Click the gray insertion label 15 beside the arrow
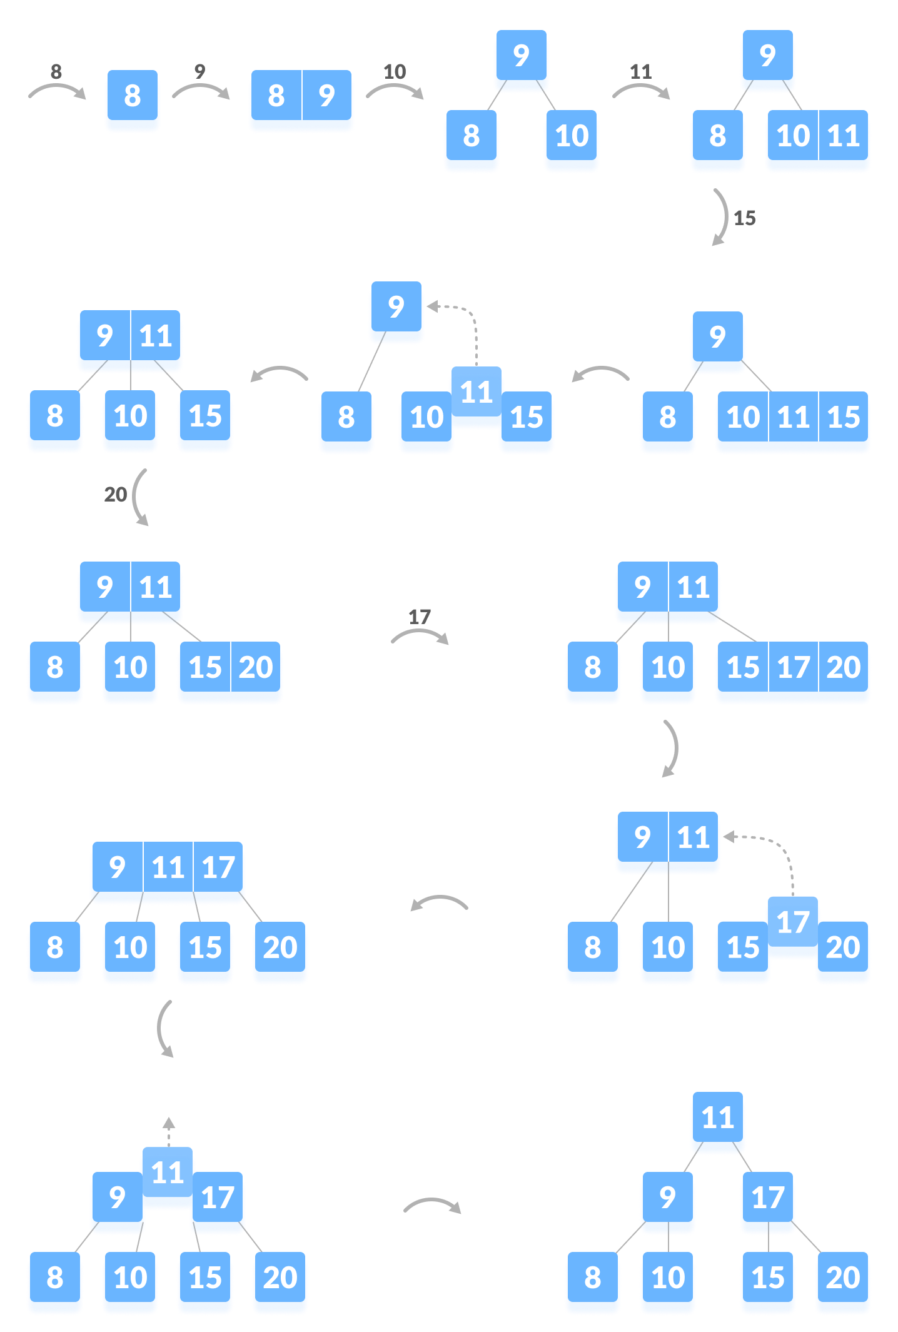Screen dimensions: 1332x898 point(745,218)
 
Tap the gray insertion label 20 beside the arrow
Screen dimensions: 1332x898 point(116,495)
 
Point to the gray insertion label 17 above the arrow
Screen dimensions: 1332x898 point(420,617)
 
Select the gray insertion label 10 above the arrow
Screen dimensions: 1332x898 point(395,71)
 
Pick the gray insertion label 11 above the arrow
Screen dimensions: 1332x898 point(641,71)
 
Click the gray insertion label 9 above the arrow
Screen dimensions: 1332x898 point(200,71)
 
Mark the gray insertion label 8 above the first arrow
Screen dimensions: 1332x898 point(56,71)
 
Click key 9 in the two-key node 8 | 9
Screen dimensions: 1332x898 point(327,96)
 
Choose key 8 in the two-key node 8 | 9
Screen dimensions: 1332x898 point(276,96)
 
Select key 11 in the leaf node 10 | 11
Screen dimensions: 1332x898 point(844,136)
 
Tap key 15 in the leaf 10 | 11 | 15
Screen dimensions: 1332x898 point(844,417)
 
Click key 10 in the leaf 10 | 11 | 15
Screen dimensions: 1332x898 point(743,417)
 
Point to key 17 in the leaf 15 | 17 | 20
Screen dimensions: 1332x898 point(794,667)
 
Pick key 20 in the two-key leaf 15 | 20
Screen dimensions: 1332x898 point(256,667)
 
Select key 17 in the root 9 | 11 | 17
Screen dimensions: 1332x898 point(218,867)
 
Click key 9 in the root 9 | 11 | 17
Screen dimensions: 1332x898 point(118,867)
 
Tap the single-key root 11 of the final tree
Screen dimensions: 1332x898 point(718,1118)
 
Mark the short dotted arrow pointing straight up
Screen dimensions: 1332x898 point(169,1131)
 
